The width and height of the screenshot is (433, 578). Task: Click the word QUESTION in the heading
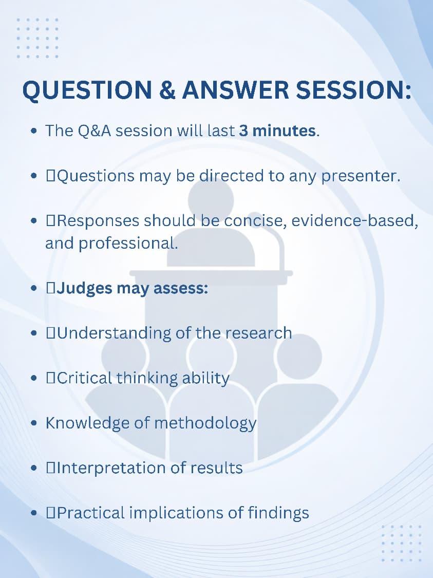(x=87, y=90)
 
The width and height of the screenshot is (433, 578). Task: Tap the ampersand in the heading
(x=167, y=90)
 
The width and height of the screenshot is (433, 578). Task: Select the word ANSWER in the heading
(x=236, y=90)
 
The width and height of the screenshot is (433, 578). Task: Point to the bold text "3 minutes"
(x=277, y=131)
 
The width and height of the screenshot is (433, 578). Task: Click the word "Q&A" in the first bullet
(x=95, y=131)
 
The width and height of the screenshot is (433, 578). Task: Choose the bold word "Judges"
(x=84, y=289)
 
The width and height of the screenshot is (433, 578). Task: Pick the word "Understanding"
(x=114, y=333)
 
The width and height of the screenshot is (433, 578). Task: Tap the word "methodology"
(x=205, y=424)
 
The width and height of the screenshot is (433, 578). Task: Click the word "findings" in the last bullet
(x=278, y=513)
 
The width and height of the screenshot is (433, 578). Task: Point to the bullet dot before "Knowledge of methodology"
(x=34, y=423)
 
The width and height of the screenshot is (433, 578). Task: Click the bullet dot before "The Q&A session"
(x=34, y=131)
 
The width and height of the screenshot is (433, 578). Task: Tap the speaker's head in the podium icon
(x=211, y=200)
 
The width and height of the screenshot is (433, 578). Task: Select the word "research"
(x=259, y=333)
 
